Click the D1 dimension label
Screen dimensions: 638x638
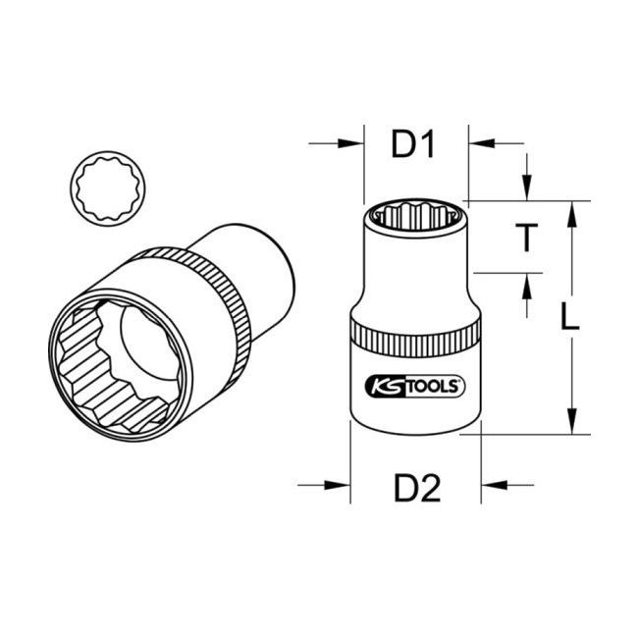412,145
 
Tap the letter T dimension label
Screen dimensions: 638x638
527,237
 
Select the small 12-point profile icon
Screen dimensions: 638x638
105,186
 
